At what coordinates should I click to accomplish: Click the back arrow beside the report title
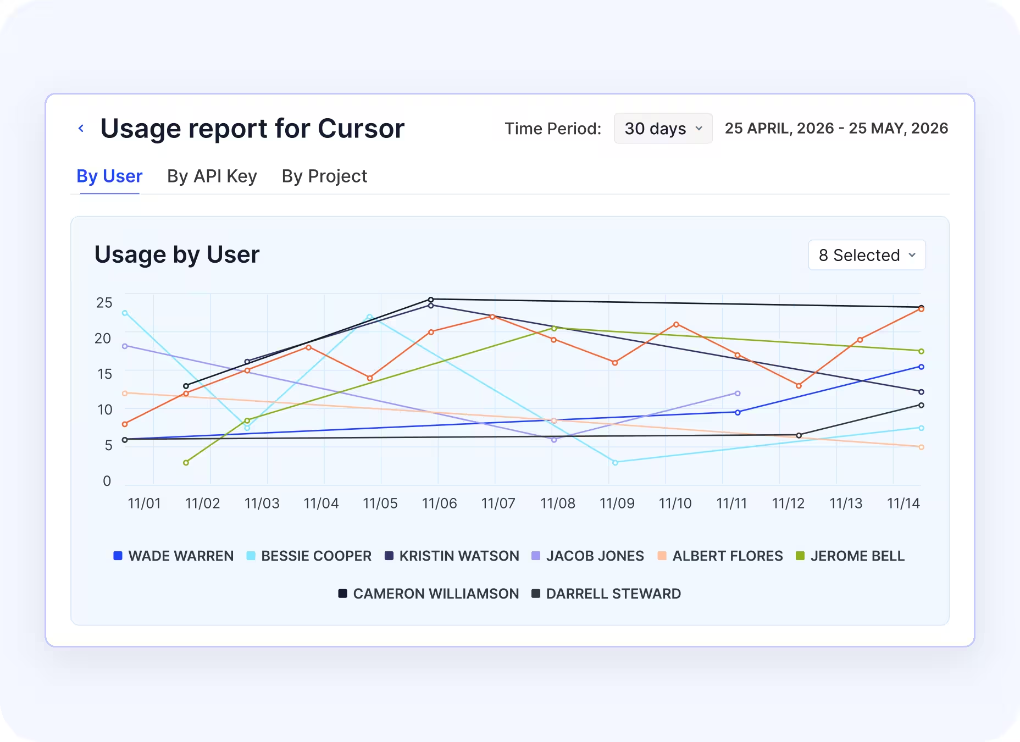[81, 128]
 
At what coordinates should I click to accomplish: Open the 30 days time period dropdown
[663, 129]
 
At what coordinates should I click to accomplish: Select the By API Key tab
[212, 176]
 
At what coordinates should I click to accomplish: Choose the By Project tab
[324, 176]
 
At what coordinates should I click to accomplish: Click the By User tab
[109, 176]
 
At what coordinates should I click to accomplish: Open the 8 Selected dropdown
[867, 255]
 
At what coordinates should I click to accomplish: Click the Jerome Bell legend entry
[850, 556]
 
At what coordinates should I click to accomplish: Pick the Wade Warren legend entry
[173, 556]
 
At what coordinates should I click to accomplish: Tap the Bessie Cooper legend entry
[309, 556]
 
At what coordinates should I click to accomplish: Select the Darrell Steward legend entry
[606, 594]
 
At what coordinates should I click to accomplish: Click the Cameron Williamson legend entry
[428, 594]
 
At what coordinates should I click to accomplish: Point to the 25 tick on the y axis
[104, 303]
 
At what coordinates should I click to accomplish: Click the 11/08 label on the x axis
[558, 503]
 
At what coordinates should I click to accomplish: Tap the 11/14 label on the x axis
[903, 503]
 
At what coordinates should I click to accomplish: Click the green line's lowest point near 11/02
[186, 463]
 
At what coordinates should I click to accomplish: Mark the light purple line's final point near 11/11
[738, 394]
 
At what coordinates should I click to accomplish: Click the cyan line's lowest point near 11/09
[615, 463]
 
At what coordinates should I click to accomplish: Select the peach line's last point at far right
[921, 447]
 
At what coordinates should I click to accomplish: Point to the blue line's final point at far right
[921, 367]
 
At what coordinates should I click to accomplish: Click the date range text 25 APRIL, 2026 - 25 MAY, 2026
[836, 128]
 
